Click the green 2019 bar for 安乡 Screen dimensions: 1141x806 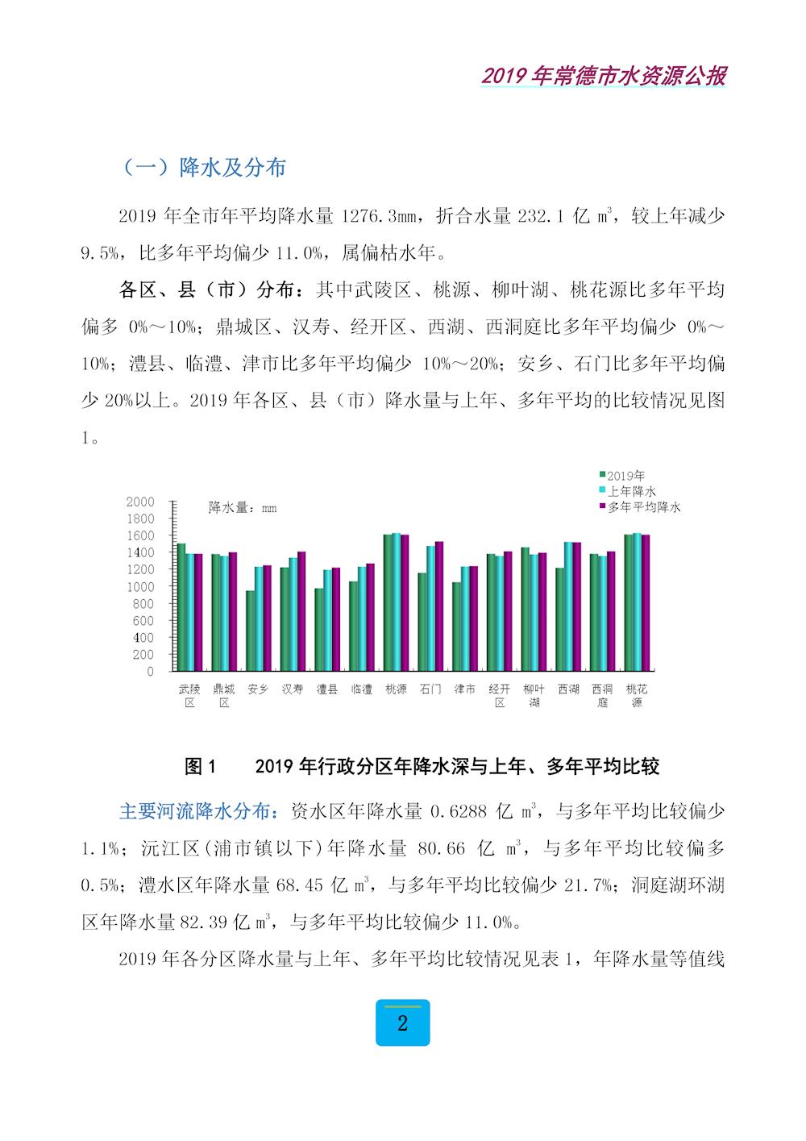pos(250,631)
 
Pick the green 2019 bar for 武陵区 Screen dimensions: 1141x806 pos(181,607)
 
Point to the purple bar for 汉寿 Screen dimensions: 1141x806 pos(301,611)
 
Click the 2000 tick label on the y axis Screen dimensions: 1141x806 pos(140,501)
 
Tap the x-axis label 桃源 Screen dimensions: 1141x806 pos(396,689)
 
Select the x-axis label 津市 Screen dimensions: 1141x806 pos(465,689)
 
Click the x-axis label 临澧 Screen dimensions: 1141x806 pos(361,689)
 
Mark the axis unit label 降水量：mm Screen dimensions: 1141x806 pos(243,507)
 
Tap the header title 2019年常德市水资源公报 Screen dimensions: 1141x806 pos(603,76)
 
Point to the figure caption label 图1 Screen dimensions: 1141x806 pos(201,766)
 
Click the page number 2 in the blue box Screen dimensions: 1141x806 pos(402,1023)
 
